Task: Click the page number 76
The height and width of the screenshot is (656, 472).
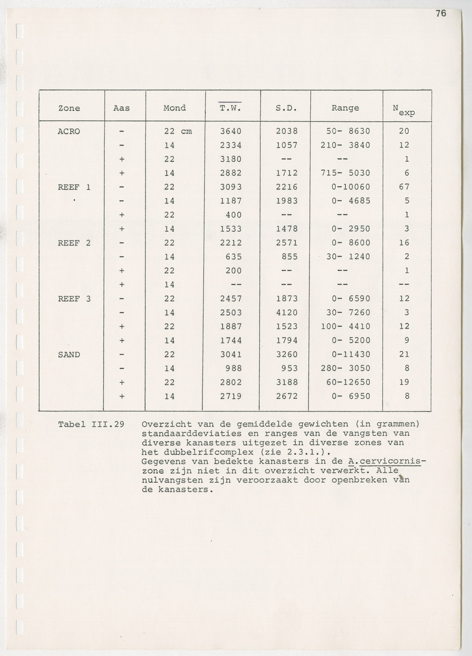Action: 440,14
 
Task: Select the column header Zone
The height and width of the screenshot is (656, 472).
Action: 69,108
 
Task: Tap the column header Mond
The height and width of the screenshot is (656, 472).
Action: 174,108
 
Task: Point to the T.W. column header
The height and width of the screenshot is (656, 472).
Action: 230,108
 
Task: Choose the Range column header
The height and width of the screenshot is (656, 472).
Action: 345,108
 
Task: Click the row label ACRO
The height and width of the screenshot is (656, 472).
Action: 69,131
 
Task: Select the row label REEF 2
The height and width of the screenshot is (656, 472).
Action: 74,243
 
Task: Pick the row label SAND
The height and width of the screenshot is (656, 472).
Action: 69,354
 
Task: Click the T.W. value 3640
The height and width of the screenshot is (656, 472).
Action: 230,131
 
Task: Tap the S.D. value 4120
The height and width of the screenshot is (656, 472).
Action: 287,313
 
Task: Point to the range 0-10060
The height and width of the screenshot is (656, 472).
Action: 350,187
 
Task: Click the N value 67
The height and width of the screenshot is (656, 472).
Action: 404,187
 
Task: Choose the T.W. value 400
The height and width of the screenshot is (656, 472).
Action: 233,215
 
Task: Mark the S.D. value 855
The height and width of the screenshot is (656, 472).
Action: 289,257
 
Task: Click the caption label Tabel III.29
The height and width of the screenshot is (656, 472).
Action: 91,424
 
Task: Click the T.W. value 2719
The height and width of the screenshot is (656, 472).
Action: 230,396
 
